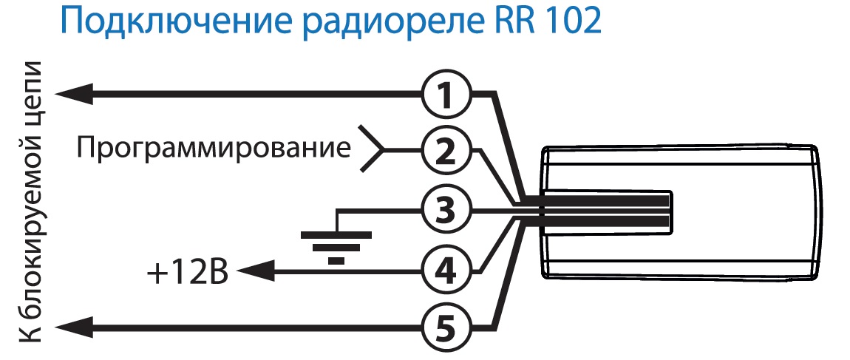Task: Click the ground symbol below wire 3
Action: [x=336, y=245]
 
